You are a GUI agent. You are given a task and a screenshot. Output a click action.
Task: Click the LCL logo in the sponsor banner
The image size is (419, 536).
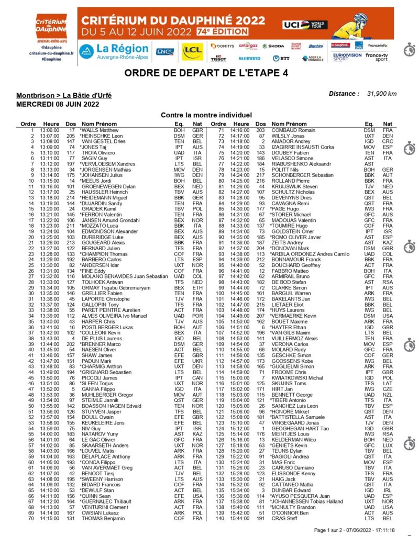click(192, 51)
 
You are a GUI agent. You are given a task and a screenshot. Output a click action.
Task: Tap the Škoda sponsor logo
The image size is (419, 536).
click(273, 46)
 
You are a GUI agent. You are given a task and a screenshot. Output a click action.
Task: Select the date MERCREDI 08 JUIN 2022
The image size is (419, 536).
click(58, 104)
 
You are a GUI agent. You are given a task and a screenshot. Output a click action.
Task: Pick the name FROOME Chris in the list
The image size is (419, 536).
click(286, 372)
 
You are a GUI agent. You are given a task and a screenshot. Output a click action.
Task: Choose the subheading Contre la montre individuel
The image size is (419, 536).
click(206, 114)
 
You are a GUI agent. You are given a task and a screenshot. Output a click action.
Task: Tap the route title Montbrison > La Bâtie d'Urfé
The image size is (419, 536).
click(64, 95)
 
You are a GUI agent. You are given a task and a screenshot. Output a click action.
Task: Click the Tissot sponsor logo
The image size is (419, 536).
click(218, 58)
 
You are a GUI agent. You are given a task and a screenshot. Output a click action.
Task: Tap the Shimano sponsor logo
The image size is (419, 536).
click(249, 59)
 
